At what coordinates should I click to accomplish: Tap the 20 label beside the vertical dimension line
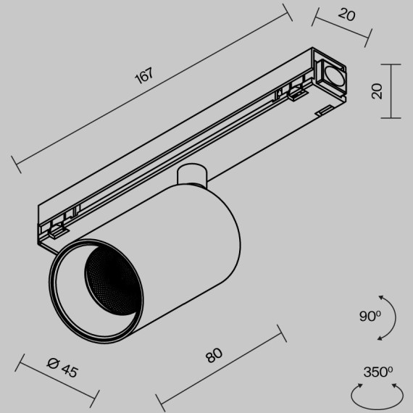tap(375, 91)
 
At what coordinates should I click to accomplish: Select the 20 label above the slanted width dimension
tap(346, 14)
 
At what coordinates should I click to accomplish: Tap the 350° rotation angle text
tap(377, 373)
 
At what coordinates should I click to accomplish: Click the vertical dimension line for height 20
tap(391, 91)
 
